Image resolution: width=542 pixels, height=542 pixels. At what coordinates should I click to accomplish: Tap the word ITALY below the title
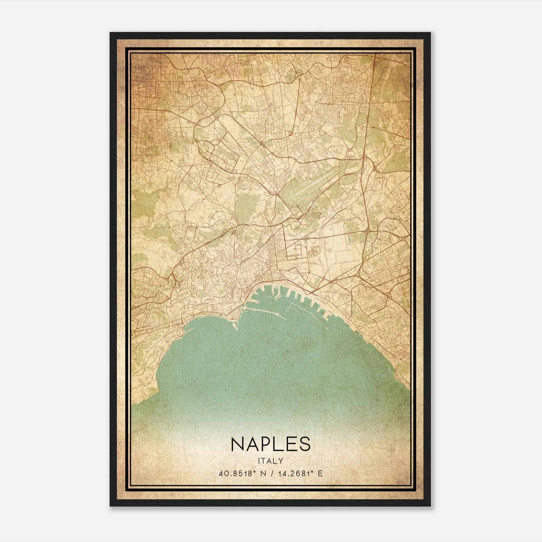(x=270, y=461)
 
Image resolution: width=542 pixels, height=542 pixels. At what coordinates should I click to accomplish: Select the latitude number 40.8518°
(x=236, y=474)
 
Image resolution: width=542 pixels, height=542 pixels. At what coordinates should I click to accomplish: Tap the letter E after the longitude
(x=320, y=474)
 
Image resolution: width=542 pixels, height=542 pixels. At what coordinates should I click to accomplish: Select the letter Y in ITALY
(x=281, y=461)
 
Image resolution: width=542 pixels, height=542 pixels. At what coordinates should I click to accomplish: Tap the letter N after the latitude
(x=261, y=474)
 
